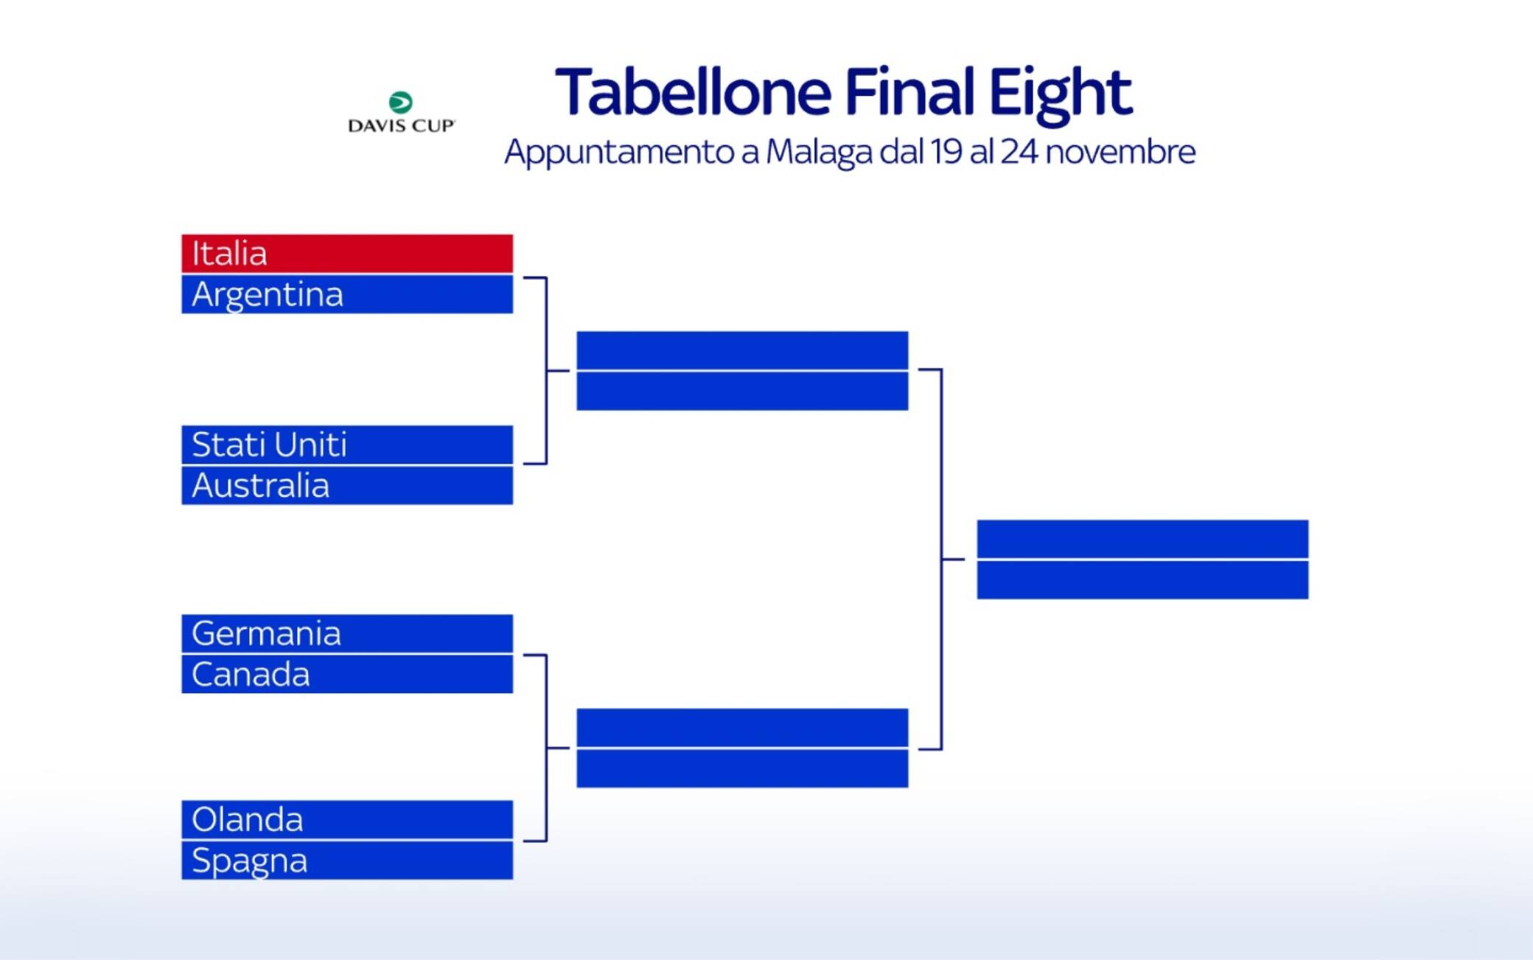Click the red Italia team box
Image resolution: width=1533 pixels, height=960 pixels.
347,254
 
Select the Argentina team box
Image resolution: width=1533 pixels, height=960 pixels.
347,294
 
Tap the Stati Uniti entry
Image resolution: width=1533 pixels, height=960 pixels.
347,445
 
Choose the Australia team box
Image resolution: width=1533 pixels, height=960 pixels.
347,485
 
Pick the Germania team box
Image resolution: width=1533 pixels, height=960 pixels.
347,633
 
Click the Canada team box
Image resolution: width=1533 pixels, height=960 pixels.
347,674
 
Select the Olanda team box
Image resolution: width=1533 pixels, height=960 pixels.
347,819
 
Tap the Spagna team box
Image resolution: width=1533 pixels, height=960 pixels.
347,860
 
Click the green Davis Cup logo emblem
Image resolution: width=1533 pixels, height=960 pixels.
401,102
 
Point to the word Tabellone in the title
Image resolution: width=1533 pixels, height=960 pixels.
694,92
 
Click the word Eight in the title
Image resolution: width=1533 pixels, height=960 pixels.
1060,94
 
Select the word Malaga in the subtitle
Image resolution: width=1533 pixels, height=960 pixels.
819,153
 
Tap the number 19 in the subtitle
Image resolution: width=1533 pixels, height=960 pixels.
946,151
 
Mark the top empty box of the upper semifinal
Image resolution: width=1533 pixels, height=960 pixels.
742,350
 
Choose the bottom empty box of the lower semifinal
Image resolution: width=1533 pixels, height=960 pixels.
742,768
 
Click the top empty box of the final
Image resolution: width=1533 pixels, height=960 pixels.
1142,539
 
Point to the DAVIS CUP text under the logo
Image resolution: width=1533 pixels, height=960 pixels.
402,125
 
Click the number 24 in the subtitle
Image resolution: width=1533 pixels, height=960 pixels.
1019,151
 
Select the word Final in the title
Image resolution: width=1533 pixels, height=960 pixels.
909,92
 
